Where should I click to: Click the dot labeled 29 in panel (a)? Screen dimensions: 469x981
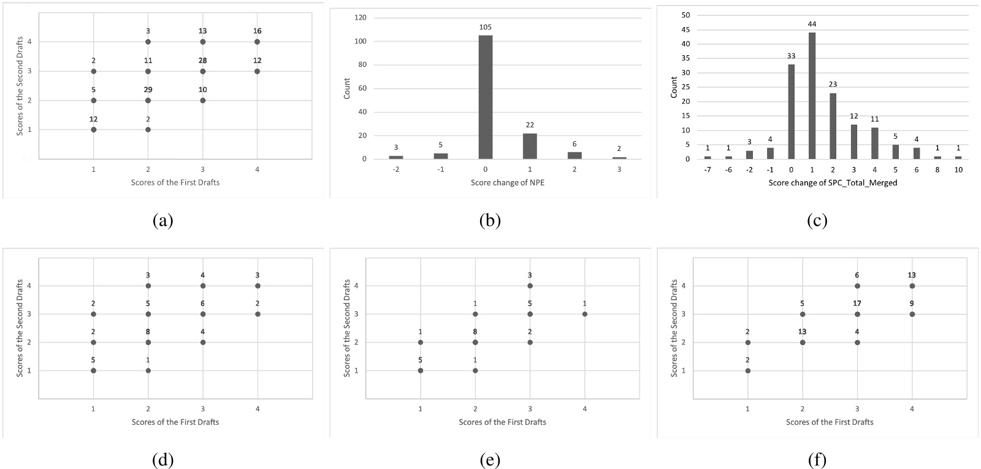point(148,100)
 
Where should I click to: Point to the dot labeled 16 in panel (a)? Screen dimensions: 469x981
point(257,42)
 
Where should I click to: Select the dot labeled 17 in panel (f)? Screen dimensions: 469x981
point(857,314)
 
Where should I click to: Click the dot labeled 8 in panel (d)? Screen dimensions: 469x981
point(148,343)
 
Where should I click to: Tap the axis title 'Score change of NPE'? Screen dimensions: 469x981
point(507,182)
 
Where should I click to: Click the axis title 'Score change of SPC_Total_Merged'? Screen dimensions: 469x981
point(833,182)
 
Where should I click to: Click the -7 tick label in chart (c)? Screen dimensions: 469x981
point(707,169)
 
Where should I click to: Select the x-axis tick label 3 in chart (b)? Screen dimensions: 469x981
point(619,169)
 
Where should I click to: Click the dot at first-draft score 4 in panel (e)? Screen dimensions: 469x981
point(584,314)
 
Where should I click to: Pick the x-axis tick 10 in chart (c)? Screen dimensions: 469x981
point(958,169)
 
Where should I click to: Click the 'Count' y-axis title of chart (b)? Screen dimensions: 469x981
point(347,88)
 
